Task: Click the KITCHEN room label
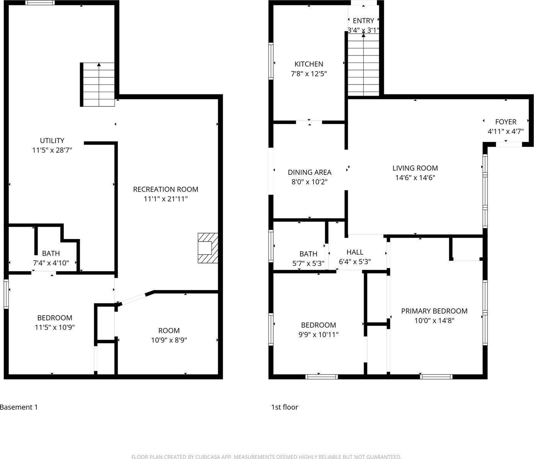pyautogui.click(x=309, y=64)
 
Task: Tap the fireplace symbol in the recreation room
pyautogui.click(x=207, y=248)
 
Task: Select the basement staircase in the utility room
pyautogui.click(x=99, y=85)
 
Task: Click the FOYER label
pyautogui.click(x=506, y=122)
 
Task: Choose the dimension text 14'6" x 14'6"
pyautogui.click(x=415, y=178)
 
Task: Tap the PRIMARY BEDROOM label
pyautogui.click(x=434, y=311)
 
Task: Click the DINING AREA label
pyautogui.click(x=309, y=173)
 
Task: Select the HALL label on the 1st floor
pyautogui.click(x=354, y=252)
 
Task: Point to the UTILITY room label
pyautogui.click(x=52, y=140)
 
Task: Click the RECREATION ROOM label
pyautogui.click(x=165, y=189)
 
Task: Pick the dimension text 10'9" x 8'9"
pyautogui.click(x=169, y=340)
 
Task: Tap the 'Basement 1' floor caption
pyautogui.click(x=19, y=407)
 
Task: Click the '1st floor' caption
pyautogui.click(x=284, y=407)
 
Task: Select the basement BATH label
pyautogui.click(x=51, y=253)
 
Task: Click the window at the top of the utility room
pyautogui.click(x=40, y=3)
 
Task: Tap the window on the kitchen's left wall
pyautogui.click(x=271, y=61)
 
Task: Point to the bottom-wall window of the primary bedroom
pyautogui.click(x=436, y=377)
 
